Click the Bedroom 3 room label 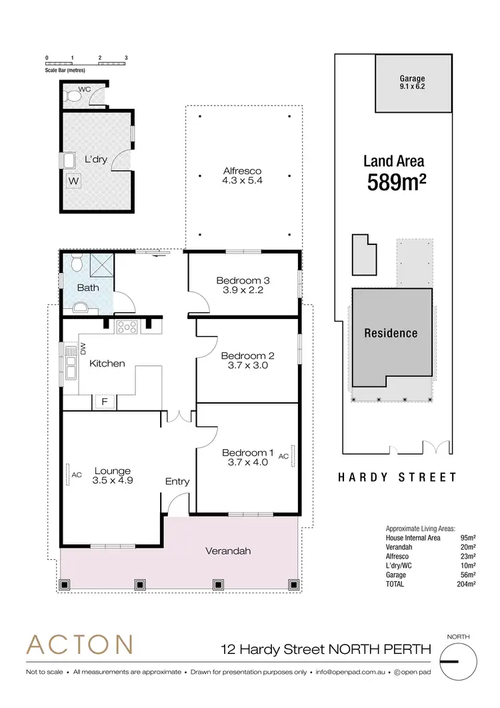pyautogui.click(x=243, y=280)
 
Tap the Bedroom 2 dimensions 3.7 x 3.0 pyautogui.click(x=247, y=366)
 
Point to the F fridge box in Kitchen pyautogui.click(x=103, y=402)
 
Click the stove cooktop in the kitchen pyautogui.click(x=126, y=327)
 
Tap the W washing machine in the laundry pyautogui.click(x=73, y=180)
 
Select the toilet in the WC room pyautogui.click(x=72, y=96)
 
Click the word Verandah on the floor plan pyautogui.click(x=228, y=551)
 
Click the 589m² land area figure pyautogui.click(x=397, y=182)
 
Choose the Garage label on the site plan pyautogui.click(x=412, y=79)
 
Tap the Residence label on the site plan pyautogui.click(x=391, y=333)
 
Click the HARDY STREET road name pyautogui.click(x=397, y=477)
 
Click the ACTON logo pyautogui.click(x=79, y=645)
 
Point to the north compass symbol pyautogui.click(x=459, y=661)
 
